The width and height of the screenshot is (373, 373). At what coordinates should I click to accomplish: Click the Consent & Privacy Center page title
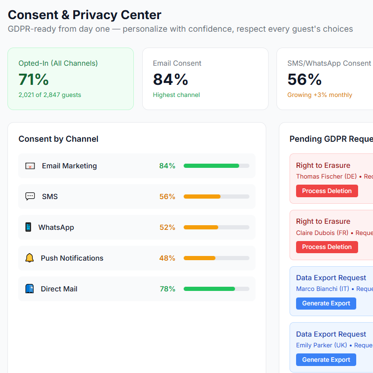point(84,15)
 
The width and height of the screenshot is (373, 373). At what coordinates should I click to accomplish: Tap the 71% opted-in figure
point(34,80)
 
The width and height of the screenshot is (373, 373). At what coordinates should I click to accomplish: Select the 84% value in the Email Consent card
point(170,80)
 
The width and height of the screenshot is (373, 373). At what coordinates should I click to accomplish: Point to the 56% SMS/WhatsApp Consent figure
point(304,80)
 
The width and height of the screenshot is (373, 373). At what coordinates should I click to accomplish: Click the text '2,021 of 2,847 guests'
point(49,95)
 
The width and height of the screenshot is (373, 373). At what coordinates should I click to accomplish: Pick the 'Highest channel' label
point(176,95)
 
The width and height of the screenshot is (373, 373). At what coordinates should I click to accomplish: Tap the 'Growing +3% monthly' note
point(319,95)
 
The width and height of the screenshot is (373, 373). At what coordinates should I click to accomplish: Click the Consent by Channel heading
point(58,139)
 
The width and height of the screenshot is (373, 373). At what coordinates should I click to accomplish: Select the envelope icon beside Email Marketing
point(30,166)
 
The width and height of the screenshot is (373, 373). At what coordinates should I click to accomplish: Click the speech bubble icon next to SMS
point(30,197)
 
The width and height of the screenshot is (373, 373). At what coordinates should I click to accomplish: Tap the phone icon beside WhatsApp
point(28,228)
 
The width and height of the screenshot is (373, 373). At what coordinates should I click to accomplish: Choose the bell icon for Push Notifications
point(29,258)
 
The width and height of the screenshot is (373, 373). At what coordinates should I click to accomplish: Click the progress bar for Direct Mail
point(216,289)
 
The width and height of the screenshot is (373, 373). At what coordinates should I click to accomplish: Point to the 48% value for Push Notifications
point(167,258)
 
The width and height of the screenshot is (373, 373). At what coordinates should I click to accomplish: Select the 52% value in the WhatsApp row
point(167,228)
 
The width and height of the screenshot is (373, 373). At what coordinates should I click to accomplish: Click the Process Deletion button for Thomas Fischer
point(327,191)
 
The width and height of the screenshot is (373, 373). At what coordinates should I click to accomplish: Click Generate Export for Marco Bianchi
point(326,304)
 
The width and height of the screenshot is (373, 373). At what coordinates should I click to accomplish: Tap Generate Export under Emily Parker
point(326,359)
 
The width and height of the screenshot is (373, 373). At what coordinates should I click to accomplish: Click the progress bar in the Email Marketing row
point(216,166)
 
